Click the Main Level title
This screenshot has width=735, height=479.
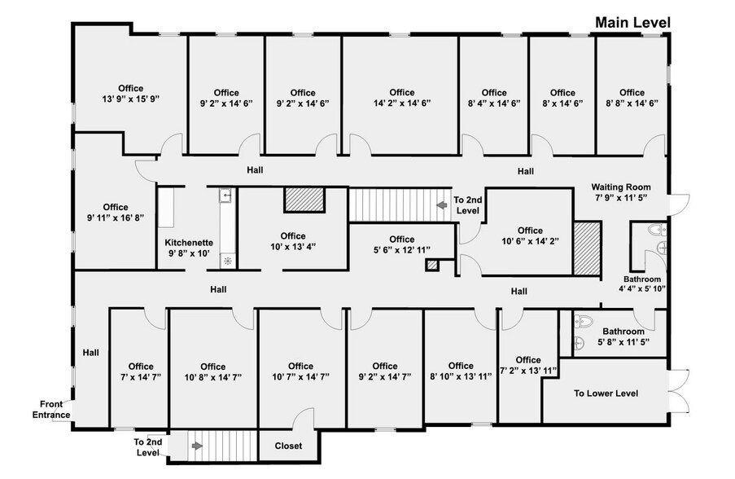[632, 23]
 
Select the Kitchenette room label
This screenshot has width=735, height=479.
[189, 243]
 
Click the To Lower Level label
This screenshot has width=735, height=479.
[606, 394]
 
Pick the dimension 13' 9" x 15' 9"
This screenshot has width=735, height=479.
[130, 99]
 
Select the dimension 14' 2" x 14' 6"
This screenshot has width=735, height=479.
[401, 103]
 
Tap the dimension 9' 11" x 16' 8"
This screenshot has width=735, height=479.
[116, 218]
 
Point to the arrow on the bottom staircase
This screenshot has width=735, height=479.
[196, 446]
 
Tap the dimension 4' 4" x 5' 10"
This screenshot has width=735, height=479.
[643, 288]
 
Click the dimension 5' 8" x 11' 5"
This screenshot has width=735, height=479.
[623, 343]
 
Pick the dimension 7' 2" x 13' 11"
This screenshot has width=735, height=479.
[527, 371]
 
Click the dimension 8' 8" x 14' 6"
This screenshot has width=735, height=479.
[632, 103]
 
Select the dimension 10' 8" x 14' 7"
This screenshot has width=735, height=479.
[212, 377]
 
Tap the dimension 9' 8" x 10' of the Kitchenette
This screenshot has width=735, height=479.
[189, 254]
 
